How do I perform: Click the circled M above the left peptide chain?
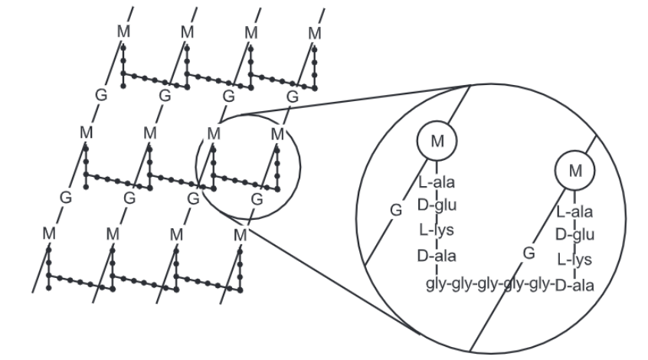(x=437, y=141)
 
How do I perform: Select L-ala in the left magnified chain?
(x=436, y=183)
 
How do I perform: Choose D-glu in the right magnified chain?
(x=574, y=234)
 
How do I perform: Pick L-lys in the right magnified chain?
(x=574, y=259)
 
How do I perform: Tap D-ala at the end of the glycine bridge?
(x=575, y=285)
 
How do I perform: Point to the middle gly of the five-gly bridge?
(x=489, y=285)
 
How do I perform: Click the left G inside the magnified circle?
(x=396, y=208)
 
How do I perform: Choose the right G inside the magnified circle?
(x=528, y=252)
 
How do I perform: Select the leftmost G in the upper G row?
(x=98, y=95)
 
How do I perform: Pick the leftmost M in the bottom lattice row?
(x=49, y=232)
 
